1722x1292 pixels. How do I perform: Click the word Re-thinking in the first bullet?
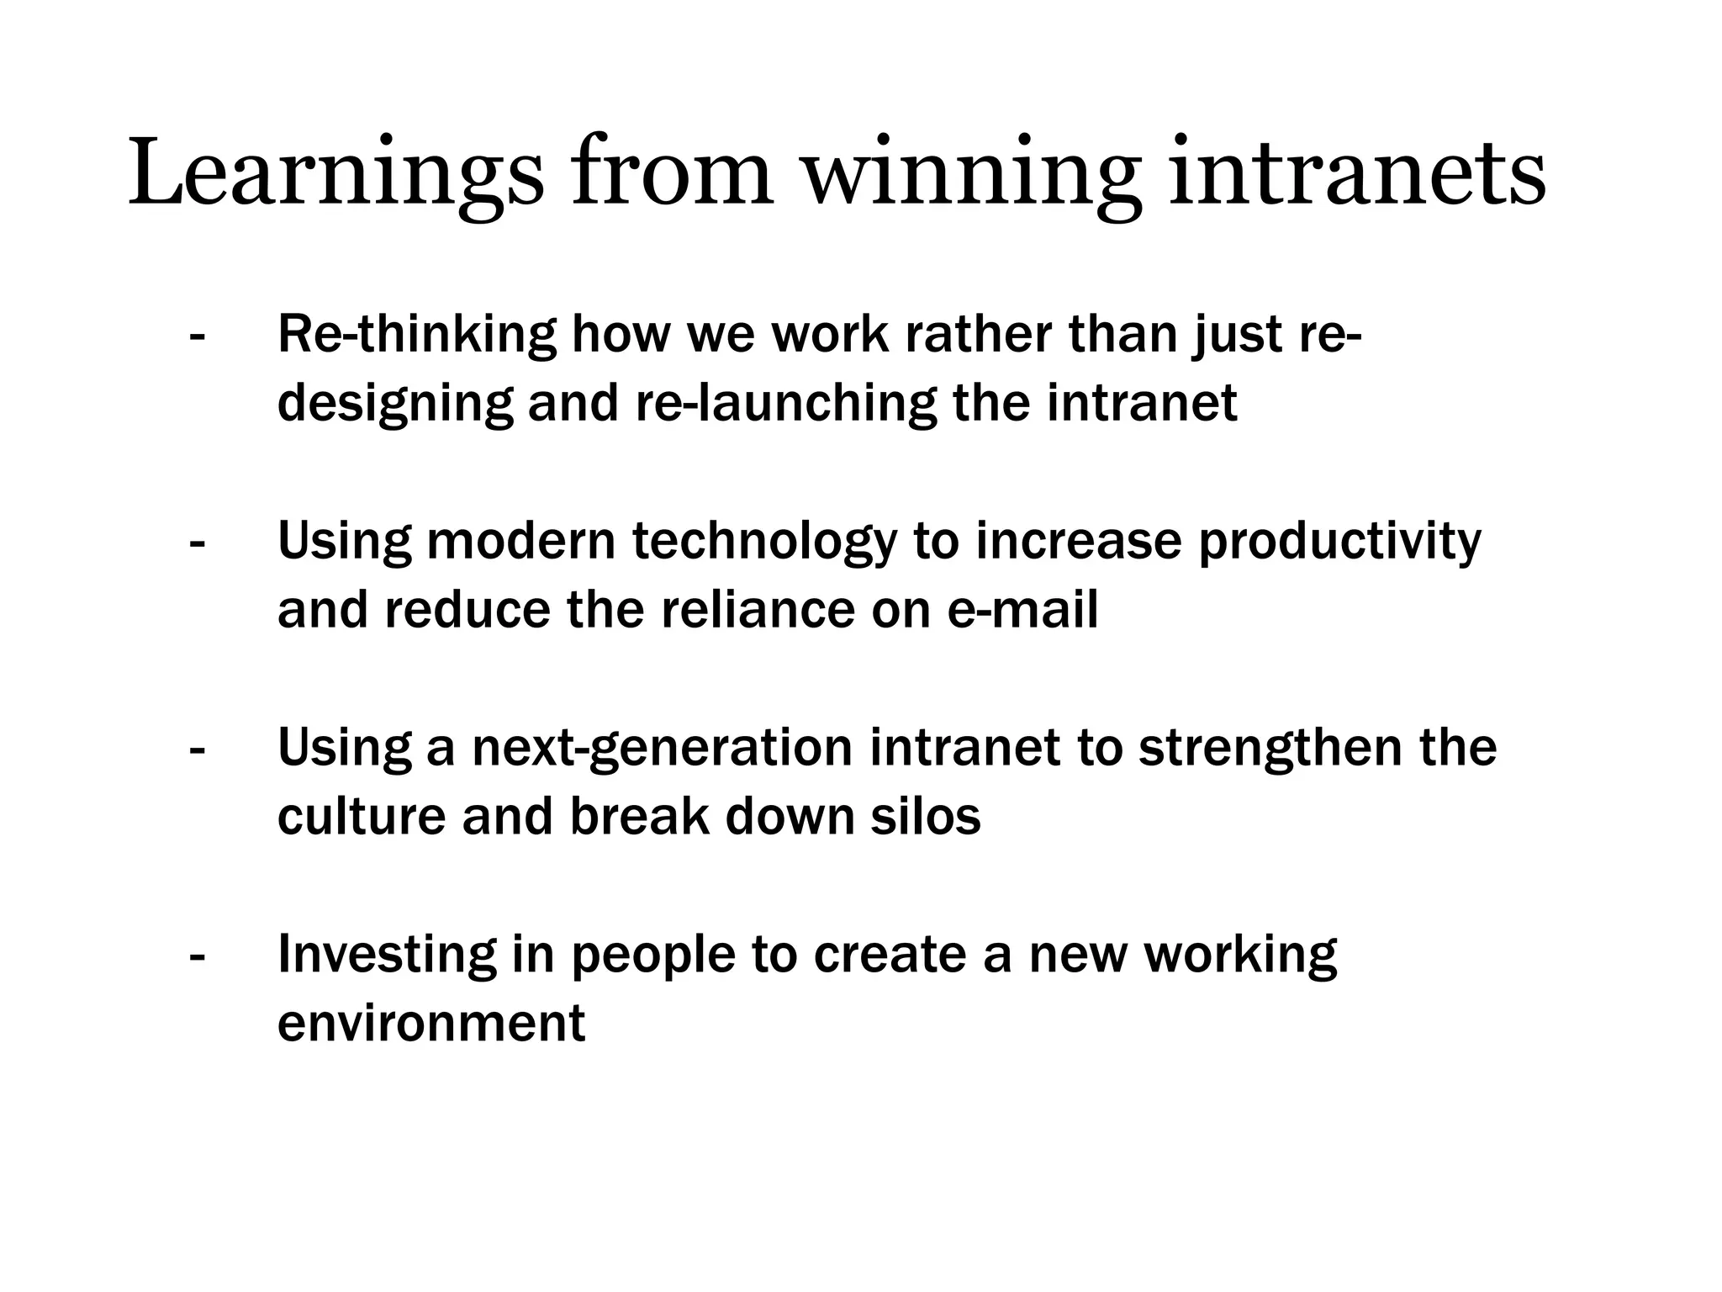[x=416, y=336]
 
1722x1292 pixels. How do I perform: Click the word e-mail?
[x=1022, y=610]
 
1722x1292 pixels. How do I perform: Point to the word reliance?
[x=758, y=610]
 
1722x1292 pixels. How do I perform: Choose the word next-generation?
[x=663, y=749]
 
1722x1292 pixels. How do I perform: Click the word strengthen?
[x=1270, y=749]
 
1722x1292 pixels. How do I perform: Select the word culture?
[x=361, y=817]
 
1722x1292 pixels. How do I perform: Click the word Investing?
[x=387, y=956]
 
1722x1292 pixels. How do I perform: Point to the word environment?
[x=430, y=1024]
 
